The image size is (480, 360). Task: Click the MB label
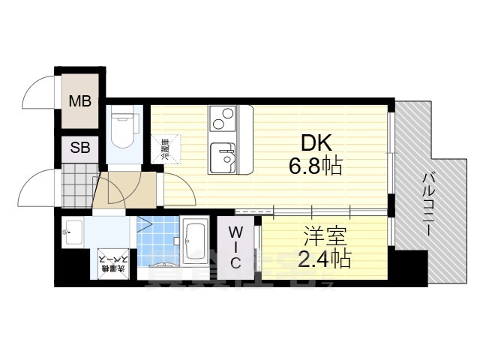coord(80,101)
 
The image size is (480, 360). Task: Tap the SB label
coord(80,148)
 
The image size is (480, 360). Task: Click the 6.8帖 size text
coord(316,165)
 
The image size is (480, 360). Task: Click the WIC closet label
coord(235,245)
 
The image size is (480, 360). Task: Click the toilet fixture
coord(120,130)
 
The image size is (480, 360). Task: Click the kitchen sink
coord(223,156)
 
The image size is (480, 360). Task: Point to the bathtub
coord(196,241)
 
